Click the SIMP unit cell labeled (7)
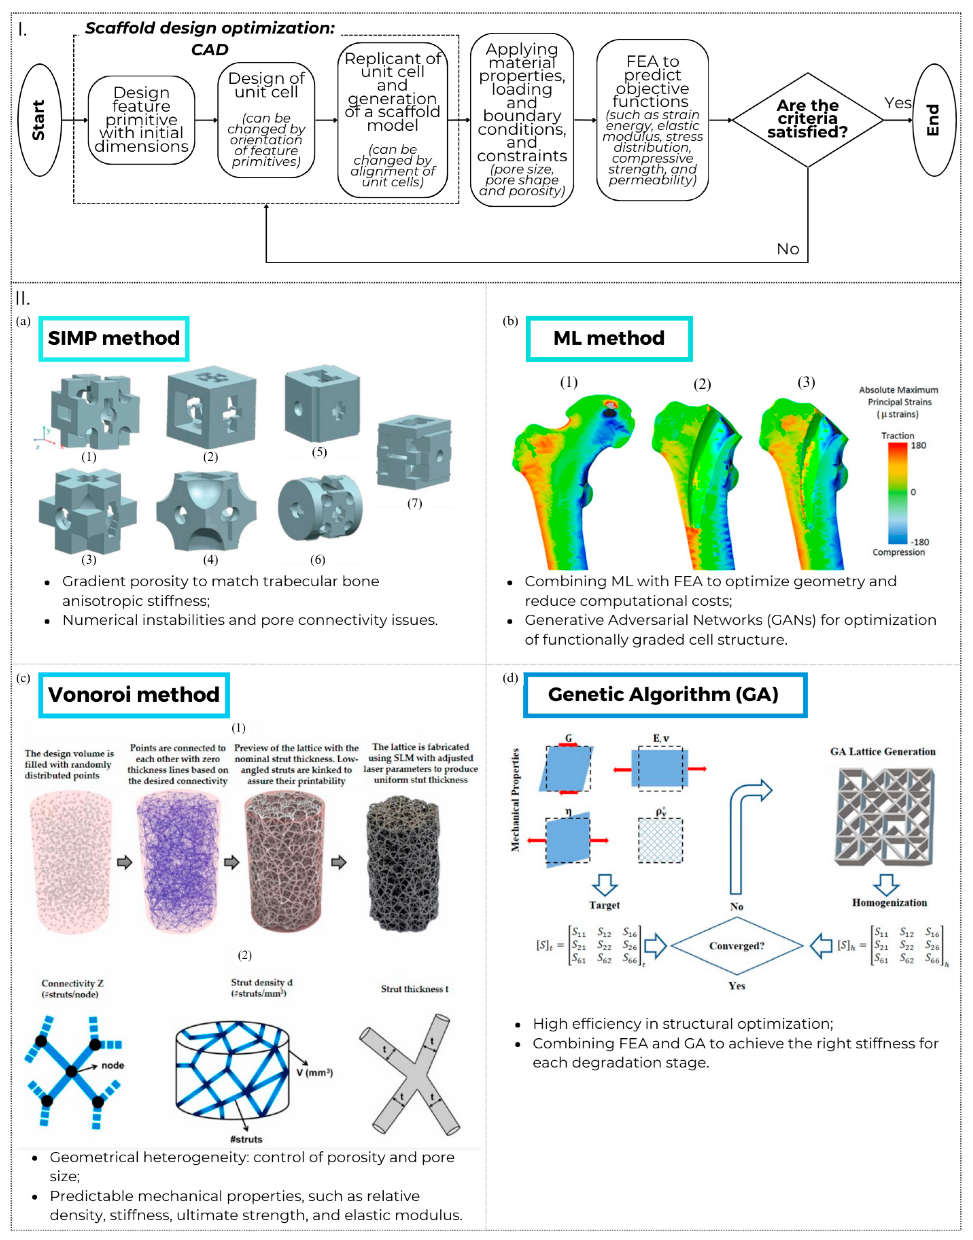click(414, 453)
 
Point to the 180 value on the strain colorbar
click(918, 446)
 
